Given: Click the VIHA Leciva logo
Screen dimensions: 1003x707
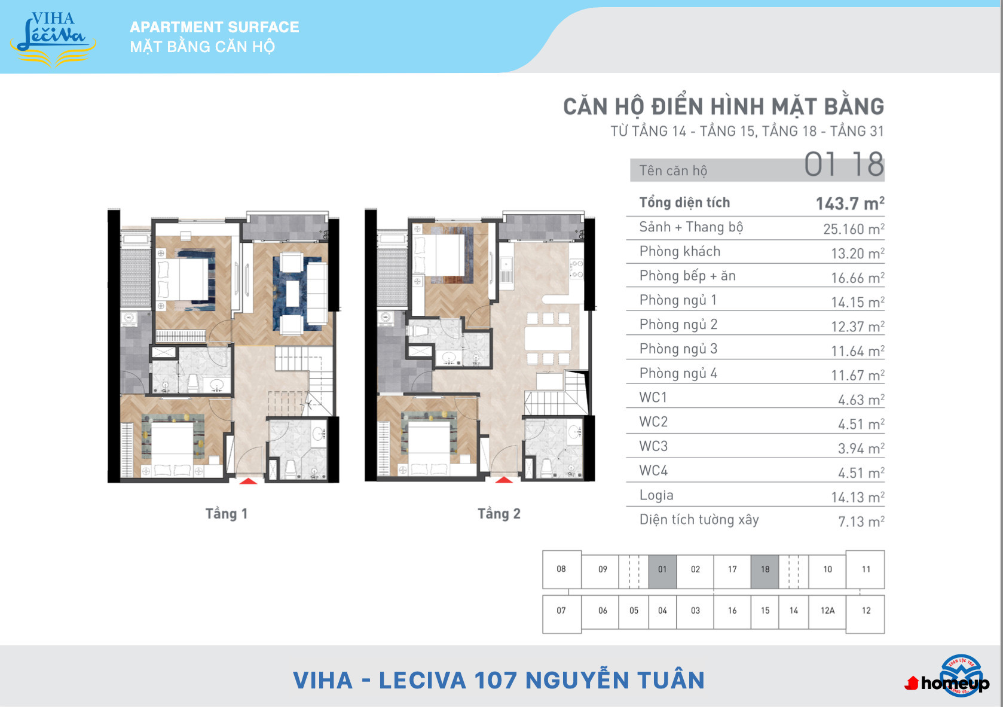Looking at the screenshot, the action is (53, 39).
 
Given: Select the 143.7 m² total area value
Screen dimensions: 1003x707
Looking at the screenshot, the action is (850, 203).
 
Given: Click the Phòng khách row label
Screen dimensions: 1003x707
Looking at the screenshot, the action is (680, 251).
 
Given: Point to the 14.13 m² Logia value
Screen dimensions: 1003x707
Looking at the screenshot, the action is (858, 497).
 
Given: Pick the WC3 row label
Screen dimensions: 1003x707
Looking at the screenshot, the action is (653, 446).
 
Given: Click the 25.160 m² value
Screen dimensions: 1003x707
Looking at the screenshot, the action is (854, 229).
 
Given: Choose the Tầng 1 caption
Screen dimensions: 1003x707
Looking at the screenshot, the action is (226, 513).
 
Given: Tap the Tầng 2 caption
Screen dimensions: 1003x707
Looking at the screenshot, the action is (499, 513).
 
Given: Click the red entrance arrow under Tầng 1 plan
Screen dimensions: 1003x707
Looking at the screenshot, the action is (249, 481).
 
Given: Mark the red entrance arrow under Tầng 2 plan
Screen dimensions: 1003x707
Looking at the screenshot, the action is (504, 480).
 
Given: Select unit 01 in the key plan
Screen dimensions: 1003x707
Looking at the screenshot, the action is (662, 569).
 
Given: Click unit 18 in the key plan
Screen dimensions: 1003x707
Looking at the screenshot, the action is (765, 569).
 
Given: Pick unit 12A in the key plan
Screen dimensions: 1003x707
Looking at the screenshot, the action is (827, 611).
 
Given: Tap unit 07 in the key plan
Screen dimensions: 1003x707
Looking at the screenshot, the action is (561, 611).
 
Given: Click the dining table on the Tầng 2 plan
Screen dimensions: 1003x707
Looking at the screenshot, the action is (548, 339).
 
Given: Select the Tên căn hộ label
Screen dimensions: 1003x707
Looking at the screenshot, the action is (673, 170).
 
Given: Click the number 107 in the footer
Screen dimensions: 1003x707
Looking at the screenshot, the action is (496, 680).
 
